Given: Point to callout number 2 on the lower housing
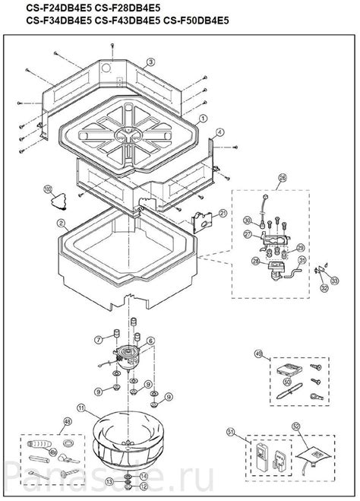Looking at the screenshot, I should click(x=68, y=226).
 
